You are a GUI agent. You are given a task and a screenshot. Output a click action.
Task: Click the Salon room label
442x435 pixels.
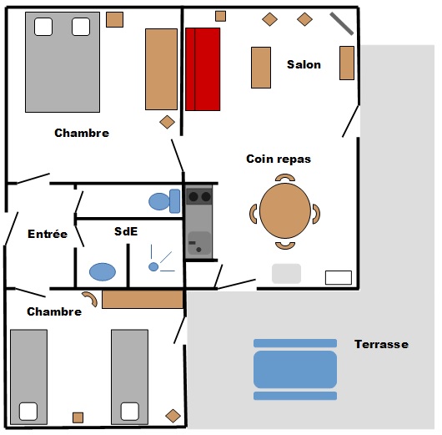click(x=304, y=64)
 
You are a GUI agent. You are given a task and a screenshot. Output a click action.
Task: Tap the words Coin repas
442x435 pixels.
click(x=279, y=159)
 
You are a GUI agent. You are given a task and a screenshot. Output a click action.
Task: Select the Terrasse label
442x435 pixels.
click(x=381, y=344)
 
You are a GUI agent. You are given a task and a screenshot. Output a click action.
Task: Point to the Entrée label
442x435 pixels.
click(x=48, y=234)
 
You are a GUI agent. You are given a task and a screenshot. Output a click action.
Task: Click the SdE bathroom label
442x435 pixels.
click(x=126, y=231)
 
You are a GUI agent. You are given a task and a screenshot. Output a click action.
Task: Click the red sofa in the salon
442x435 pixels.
click(x=203, y=69)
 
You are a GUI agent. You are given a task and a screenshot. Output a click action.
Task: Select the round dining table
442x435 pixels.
click(x=285, y=210)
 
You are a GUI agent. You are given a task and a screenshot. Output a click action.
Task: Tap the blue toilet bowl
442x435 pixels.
click(x=159, y=201)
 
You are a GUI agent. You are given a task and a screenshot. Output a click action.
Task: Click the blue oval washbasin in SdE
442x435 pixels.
click(x=103, y=272)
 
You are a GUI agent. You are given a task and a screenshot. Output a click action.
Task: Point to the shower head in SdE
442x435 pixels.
click(x=153, y=266)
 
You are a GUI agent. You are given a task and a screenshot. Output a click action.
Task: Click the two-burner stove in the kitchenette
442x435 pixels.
click(x=199, y=196)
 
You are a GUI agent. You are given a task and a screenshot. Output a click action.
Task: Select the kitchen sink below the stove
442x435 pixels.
click(x=199, y=243)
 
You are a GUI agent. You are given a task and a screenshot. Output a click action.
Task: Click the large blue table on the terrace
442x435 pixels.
click(x=295, y=370)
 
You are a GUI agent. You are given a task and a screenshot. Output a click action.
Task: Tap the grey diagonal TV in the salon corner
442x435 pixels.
click(x=342, y=23)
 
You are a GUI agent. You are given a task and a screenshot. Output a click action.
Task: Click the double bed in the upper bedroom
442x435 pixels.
click(x=63, y=62)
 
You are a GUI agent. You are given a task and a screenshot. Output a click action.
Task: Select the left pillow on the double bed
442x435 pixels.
click(x=43, y=27)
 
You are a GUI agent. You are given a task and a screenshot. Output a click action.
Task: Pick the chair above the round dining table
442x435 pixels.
click(x=285, y=178)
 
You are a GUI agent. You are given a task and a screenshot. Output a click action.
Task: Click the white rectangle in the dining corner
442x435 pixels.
click(x=339, y=277)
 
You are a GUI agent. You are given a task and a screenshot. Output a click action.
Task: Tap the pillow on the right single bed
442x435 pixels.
click(x=129, y=412)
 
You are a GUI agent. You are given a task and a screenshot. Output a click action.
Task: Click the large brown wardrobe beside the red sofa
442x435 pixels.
click(x=161, y=69)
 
